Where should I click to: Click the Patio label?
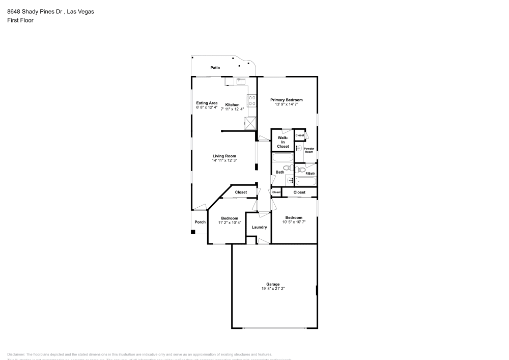tap(215, 68)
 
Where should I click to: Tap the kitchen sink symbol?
tap(239, 80)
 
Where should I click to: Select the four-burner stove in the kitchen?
tap(251, 100)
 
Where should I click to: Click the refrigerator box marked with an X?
tap(250, 124)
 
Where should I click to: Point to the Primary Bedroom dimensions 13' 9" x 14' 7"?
tap(286, 104)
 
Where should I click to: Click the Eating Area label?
tap(207, 103)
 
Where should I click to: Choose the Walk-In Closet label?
tap(283, 142)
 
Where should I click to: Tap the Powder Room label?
tap(309, 150)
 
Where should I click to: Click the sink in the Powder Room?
tap(299, 148)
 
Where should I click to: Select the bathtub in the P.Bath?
tap(306, 181)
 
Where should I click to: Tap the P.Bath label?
tap(310, 174)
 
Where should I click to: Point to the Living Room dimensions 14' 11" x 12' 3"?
tap(224, 160)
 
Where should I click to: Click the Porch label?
tap(200, 222)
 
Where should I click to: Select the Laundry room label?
tap(259, 227)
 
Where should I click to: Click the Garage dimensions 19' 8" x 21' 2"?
tap(273, 289)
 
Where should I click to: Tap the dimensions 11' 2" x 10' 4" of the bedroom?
tap(230, 223)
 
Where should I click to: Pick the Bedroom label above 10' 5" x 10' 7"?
tap(294, 217)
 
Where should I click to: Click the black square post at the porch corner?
tap(193, 232)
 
